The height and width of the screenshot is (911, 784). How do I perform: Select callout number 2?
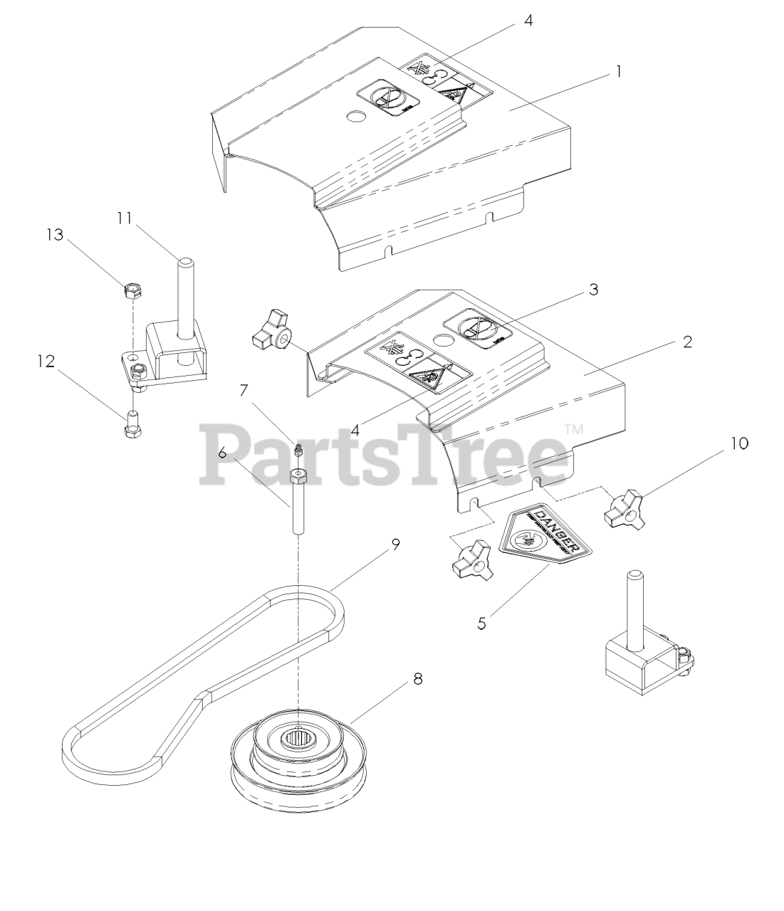pos(686,342)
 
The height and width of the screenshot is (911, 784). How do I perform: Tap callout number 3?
pos(593,290)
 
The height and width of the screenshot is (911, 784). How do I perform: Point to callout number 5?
pos(482,623)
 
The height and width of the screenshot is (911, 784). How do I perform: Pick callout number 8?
pos(417,679)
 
